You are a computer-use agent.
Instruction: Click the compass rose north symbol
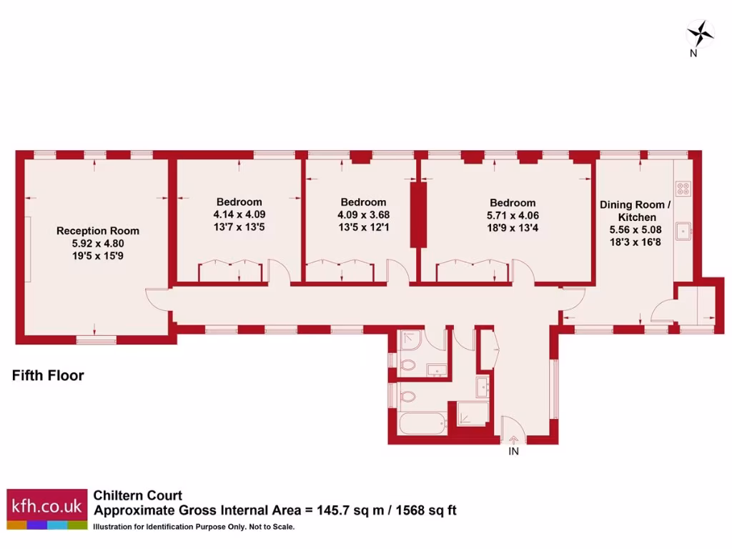tap(700, 33)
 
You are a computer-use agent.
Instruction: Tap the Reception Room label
tap(98, 231)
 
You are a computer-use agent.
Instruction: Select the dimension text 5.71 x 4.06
tap(513, 214)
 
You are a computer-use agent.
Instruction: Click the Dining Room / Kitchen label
tap(635, 211)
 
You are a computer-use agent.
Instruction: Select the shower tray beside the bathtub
tap(473, 414)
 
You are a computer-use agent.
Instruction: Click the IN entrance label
tap(513, 452)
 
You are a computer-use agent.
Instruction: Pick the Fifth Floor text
tap(48, 375)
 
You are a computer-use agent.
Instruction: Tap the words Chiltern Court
tap(138, 495)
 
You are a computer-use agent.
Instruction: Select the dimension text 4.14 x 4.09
tap(239, 214)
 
